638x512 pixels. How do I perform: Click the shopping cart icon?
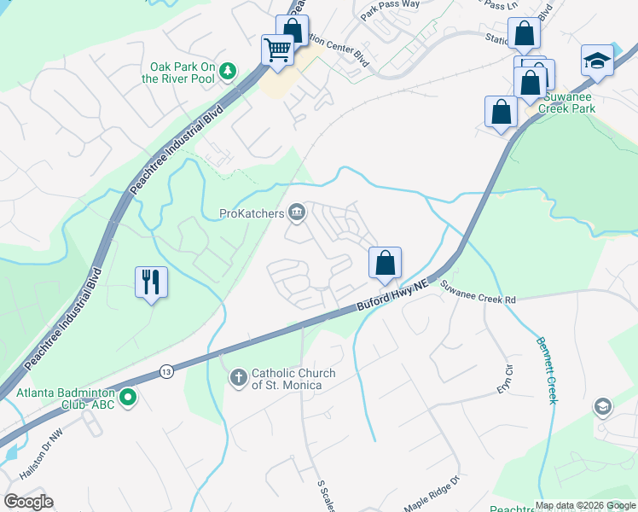[278, 50]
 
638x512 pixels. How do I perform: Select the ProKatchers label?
[252, 213]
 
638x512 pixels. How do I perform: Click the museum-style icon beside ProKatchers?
[297, 212]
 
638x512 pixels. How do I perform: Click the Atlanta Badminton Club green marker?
[128, 397]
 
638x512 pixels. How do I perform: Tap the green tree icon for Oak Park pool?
[227, 70]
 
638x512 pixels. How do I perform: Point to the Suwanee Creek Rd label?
[478, 294]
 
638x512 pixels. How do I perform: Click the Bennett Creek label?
[545, 369]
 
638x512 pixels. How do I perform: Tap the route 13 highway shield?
[165, 371]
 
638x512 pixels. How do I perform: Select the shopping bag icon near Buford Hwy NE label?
[385, 263]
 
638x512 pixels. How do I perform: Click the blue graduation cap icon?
[597, 61]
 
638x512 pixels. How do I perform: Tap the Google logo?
[28, 502]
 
